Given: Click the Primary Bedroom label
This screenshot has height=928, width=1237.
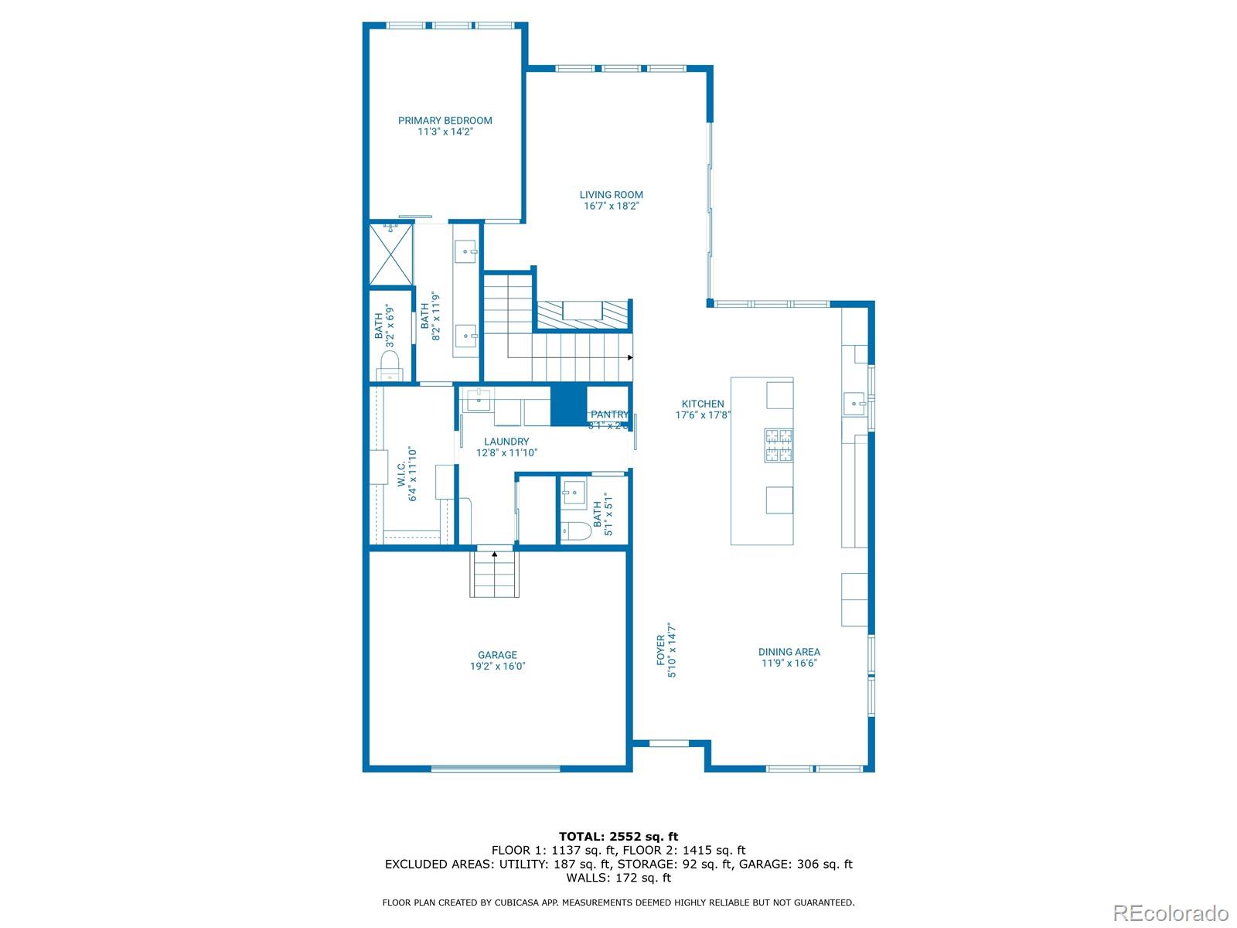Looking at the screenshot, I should tap(445, 121).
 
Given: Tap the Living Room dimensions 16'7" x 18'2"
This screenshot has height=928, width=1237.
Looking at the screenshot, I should tap(611, 206).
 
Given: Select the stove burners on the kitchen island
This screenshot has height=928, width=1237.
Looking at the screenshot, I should tap(779, 445).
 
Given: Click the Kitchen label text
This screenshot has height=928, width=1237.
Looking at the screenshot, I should tap(702, 404).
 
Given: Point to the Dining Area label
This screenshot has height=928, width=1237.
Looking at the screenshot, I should tap(789, 652).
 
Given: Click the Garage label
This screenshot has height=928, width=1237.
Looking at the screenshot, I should tap(497, 655).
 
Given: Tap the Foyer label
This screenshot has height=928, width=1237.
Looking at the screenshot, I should tap(661, 651).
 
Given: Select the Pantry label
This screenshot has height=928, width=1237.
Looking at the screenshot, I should tap(609, 415).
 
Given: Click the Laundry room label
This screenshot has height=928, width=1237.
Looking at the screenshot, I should tap(506, 442).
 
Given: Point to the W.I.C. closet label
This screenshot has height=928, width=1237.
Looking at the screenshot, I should tap(402, 475).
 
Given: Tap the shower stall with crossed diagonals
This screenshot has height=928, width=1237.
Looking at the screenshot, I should tap(390, 254).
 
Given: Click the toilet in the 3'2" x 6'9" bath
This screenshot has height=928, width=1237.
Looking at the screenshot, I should tap(390, 365).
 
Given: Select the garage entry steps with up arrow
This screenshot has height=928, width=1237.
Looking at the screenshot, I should tap(494, 574).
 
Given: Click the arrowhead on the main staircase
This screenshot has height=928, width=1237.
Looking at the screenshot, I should tap(629, 357).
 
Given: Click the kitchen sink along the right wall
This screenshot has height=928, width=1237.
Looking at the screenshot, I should tap(854, 404).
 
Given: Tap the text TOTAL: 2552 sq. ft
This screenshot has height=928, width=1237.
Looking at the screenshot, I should tap(618, 836).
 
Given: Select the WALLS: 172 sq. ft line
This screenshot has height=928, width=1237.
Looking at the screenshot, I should tap(618, 878).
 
